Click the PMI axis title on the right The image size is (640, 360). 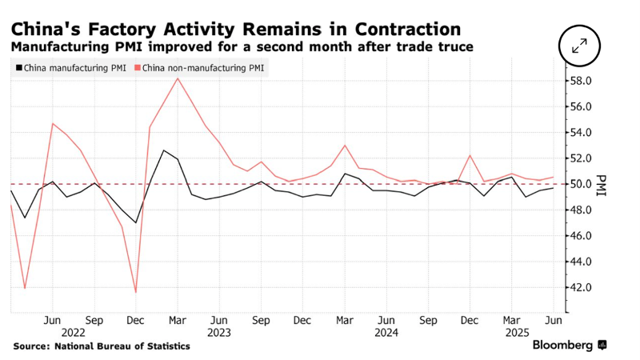[x=602, y=184]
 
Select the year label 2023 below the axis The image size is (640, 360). [x=218, y=331]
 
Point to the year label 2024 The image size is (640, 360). [x=386, y=331]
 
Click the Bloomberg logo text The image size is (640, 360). [x=563, y=346]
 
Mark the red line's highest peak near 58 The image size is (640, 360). [x=177, y=78]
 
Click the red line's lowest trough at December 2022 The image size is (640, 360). [x=135, y=292]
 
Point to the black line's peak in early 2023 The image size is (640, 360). [x=163, y=150]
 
